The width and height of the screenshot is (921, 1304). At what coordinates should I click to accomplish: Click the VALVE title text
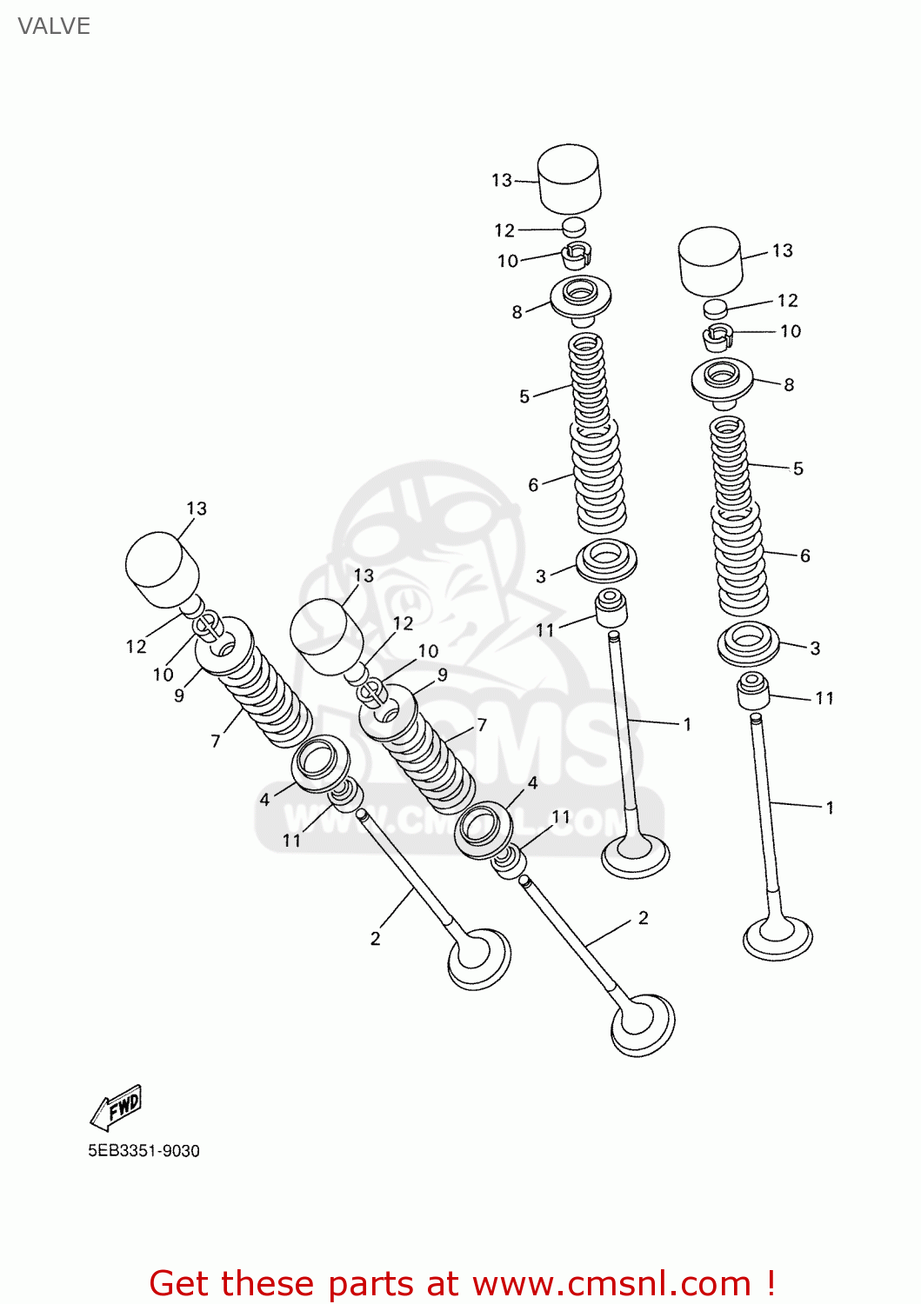54,26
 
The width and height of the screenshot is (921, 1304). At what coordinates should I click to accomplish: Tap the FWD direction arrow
116,1107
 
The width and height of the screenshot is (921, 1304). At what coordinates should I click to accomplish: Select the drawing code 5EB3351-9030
143,1151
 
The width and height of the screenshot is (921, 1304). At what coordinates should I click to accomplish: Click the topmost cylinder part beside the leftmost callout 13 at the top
570,178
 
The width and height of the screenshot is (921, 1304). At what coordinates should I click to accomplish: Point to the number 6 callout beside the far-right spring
805,556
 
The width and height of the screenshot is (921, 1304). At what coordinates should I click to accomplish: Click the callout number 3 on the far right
815,648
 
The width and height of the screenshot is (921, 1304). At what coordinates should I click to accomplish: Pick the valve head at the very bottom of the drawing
643,1026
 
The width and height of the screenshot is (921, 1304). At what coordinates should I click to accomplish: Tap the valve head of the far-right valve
778,937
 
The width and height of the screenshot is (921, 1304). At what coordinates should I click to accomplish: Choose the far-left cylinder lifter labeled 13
162,569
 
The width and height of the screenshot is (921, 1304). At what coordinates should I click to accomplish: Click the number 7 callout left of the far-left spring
216,741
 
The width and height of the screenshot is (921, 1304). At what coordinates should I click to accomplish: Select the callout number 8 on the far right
789,384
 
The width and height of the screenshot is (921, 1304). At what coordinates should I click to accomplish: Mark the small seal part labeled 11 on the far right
753,691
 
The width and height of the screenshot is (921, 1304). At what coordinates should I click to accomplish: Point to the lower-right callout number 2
644,918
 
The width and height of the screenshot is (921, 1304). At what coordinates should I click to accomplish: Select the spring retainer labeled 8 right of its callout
581,296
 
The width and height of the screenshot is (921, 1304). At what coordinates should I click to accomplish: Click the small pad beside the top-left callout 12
573,228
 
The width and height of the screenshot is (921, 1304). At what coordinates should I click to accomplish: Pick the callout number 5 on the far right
798,469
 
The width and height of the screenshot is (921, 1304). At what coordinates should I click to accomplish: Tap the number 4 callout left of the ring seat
265,800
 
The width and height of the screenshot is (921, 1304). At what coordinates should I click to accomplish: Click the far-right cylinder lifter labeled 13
710,260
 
